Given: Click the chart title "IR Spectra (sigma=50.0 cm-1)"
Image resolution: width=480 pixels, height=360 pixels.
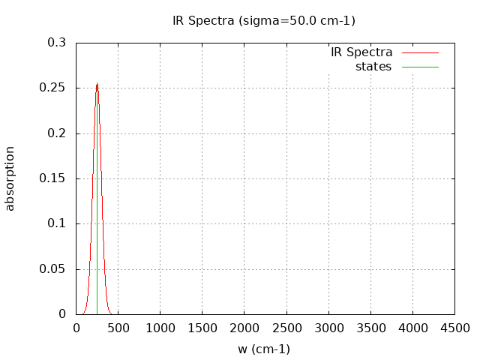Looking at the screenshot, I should [264, 21].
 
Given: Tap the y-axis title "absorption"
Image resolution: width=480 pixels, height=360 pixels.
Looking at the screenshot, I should [10, 178].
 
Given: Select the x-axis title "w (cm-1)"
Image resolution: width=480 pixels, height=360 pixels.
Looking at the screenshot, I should [264, 349].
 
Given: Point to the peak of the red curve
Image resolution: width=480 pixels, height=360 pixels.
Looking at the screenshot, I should [97, 83].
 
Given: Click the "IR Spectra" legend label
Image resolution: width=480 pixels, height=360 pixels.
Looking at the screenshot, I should [361, 52].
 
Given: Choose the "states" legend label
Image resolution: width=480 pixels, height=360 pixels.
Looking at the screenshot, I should [373, 67].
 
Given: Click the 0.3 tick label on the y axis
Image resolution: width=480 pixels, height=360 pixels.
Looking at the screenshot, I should [57, 43].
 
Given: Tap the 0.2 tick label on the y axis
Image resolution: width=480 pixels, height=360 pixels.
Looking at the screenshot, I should [57, 133].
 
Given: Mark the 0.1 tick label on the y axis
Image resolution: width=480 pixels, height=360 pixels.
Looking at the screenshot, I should [57, 223].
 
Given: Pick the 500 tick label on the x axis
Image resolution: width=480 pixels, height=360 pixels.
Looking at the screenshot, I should [118, 328].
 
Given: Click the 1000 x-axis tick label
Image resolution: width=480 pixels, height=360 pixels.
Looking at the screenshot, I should [160, 328].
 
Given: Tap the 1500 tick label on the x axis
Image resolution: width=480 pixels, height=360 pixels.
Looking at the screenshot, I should [202, 328].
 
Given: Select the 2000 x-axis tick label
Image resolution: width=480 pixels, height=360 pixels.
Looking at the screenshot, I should [244, 328].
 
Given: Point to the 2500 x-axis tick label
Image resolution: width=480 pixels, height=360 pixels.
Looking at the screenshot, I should [286, 328].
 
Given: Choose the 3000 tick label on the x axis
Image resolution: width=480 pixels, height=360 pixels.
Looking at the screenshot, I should [328, 328].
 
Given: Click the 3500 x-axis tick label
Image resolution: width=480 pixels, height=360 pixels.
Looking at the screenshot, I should [370, 328].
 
